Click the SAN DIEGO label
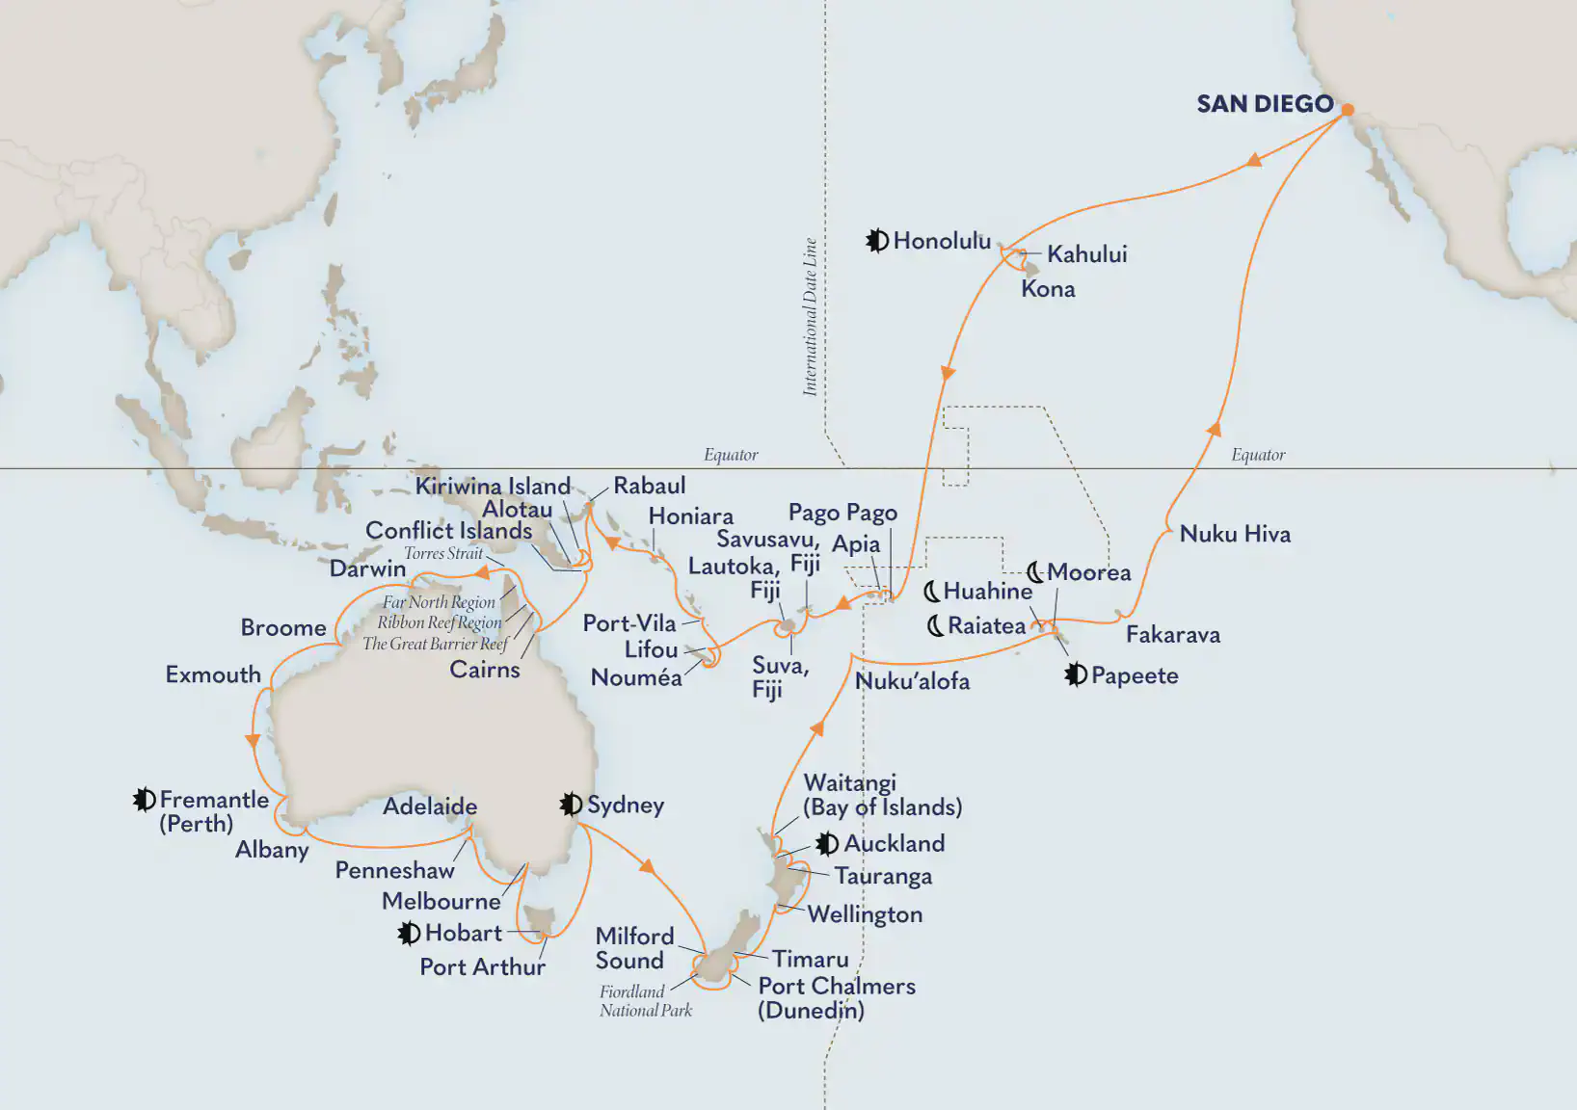[1264, 104]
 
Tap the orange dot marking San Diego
[1348, 110]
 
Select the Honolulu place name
[942, 241]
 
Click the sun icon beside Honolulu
[876, 241]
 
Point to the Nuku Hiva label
[1235, 534]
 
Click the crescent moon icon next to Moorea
[1034, 572]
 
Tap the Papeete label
[1135, 675]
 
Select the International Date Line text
[810, 317]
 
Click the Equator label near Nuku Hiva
[1258, 455]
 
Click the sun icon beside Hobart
[409, 933]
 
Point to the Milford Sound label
[633, 948]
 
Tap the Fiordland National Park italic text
[646, 1001]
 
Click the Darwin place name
[367, 568]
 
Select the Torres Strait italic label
[442, 553]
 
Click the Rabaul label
[650, 486]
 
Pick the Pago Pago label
[842, 513]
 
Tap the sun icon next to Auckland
[826, 844]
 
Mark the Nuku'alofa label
[912, 681]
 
